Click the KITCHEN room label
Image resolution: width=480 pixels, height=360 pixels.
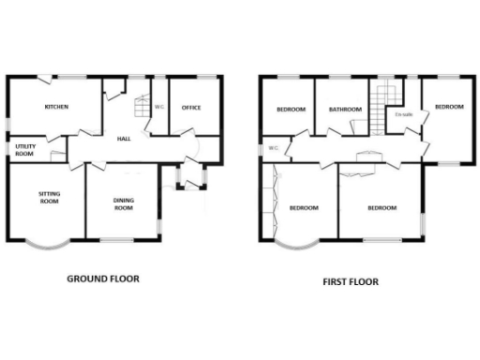(56, 108)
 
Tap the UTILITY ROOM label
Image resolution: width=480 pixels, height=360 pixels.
(24, 150)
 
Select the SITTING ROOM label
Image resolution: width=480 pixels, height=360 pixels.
(49, 198)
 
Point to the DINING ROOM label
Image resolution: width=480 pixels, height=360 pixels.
(123, 203)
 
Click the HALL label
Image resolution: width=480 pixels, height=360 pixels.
(124, 140)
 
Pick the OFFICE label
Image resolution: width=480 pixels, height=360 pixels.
(192, 108)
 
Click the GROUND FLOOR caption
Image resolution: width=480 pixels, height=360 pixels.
(104, 278)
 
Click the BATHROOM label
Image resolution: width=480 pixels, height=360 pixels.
(344, 110)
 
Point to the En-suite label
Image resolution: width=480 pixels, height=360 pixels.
(404, 114)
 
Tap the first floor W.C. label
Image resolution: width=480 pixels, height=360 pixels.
(273, 148)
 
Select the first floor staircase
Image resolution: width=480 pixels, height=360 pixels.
(383, 101)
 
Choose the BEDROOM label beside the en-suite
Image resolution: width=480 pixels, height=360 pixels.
(449, 107)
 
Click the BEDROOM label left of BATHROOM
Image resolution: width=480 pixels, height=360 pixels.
(291, 110)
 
